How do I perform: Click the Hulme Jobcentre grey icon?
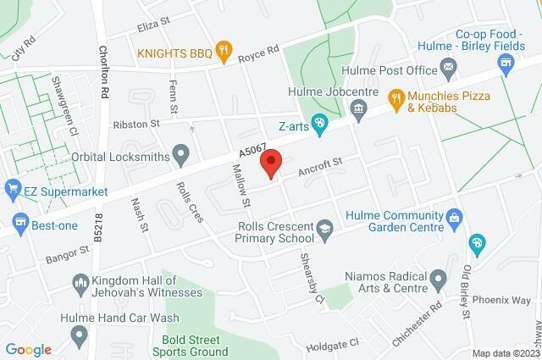(358, 108)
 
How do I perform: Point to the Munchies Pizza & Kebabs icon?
(395, 97)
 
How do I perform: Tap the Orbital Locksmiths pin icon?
(180, 155)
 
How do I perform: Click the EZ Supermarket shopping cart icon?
(13, 186)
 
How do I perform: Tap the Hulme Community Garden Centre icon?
(454, 219)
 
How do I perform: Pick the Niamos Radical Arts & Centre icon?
(438, 277)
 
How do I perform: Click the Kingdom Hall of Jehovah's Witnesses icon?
(81, 282)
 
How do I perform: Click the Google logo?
(27, 349)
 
